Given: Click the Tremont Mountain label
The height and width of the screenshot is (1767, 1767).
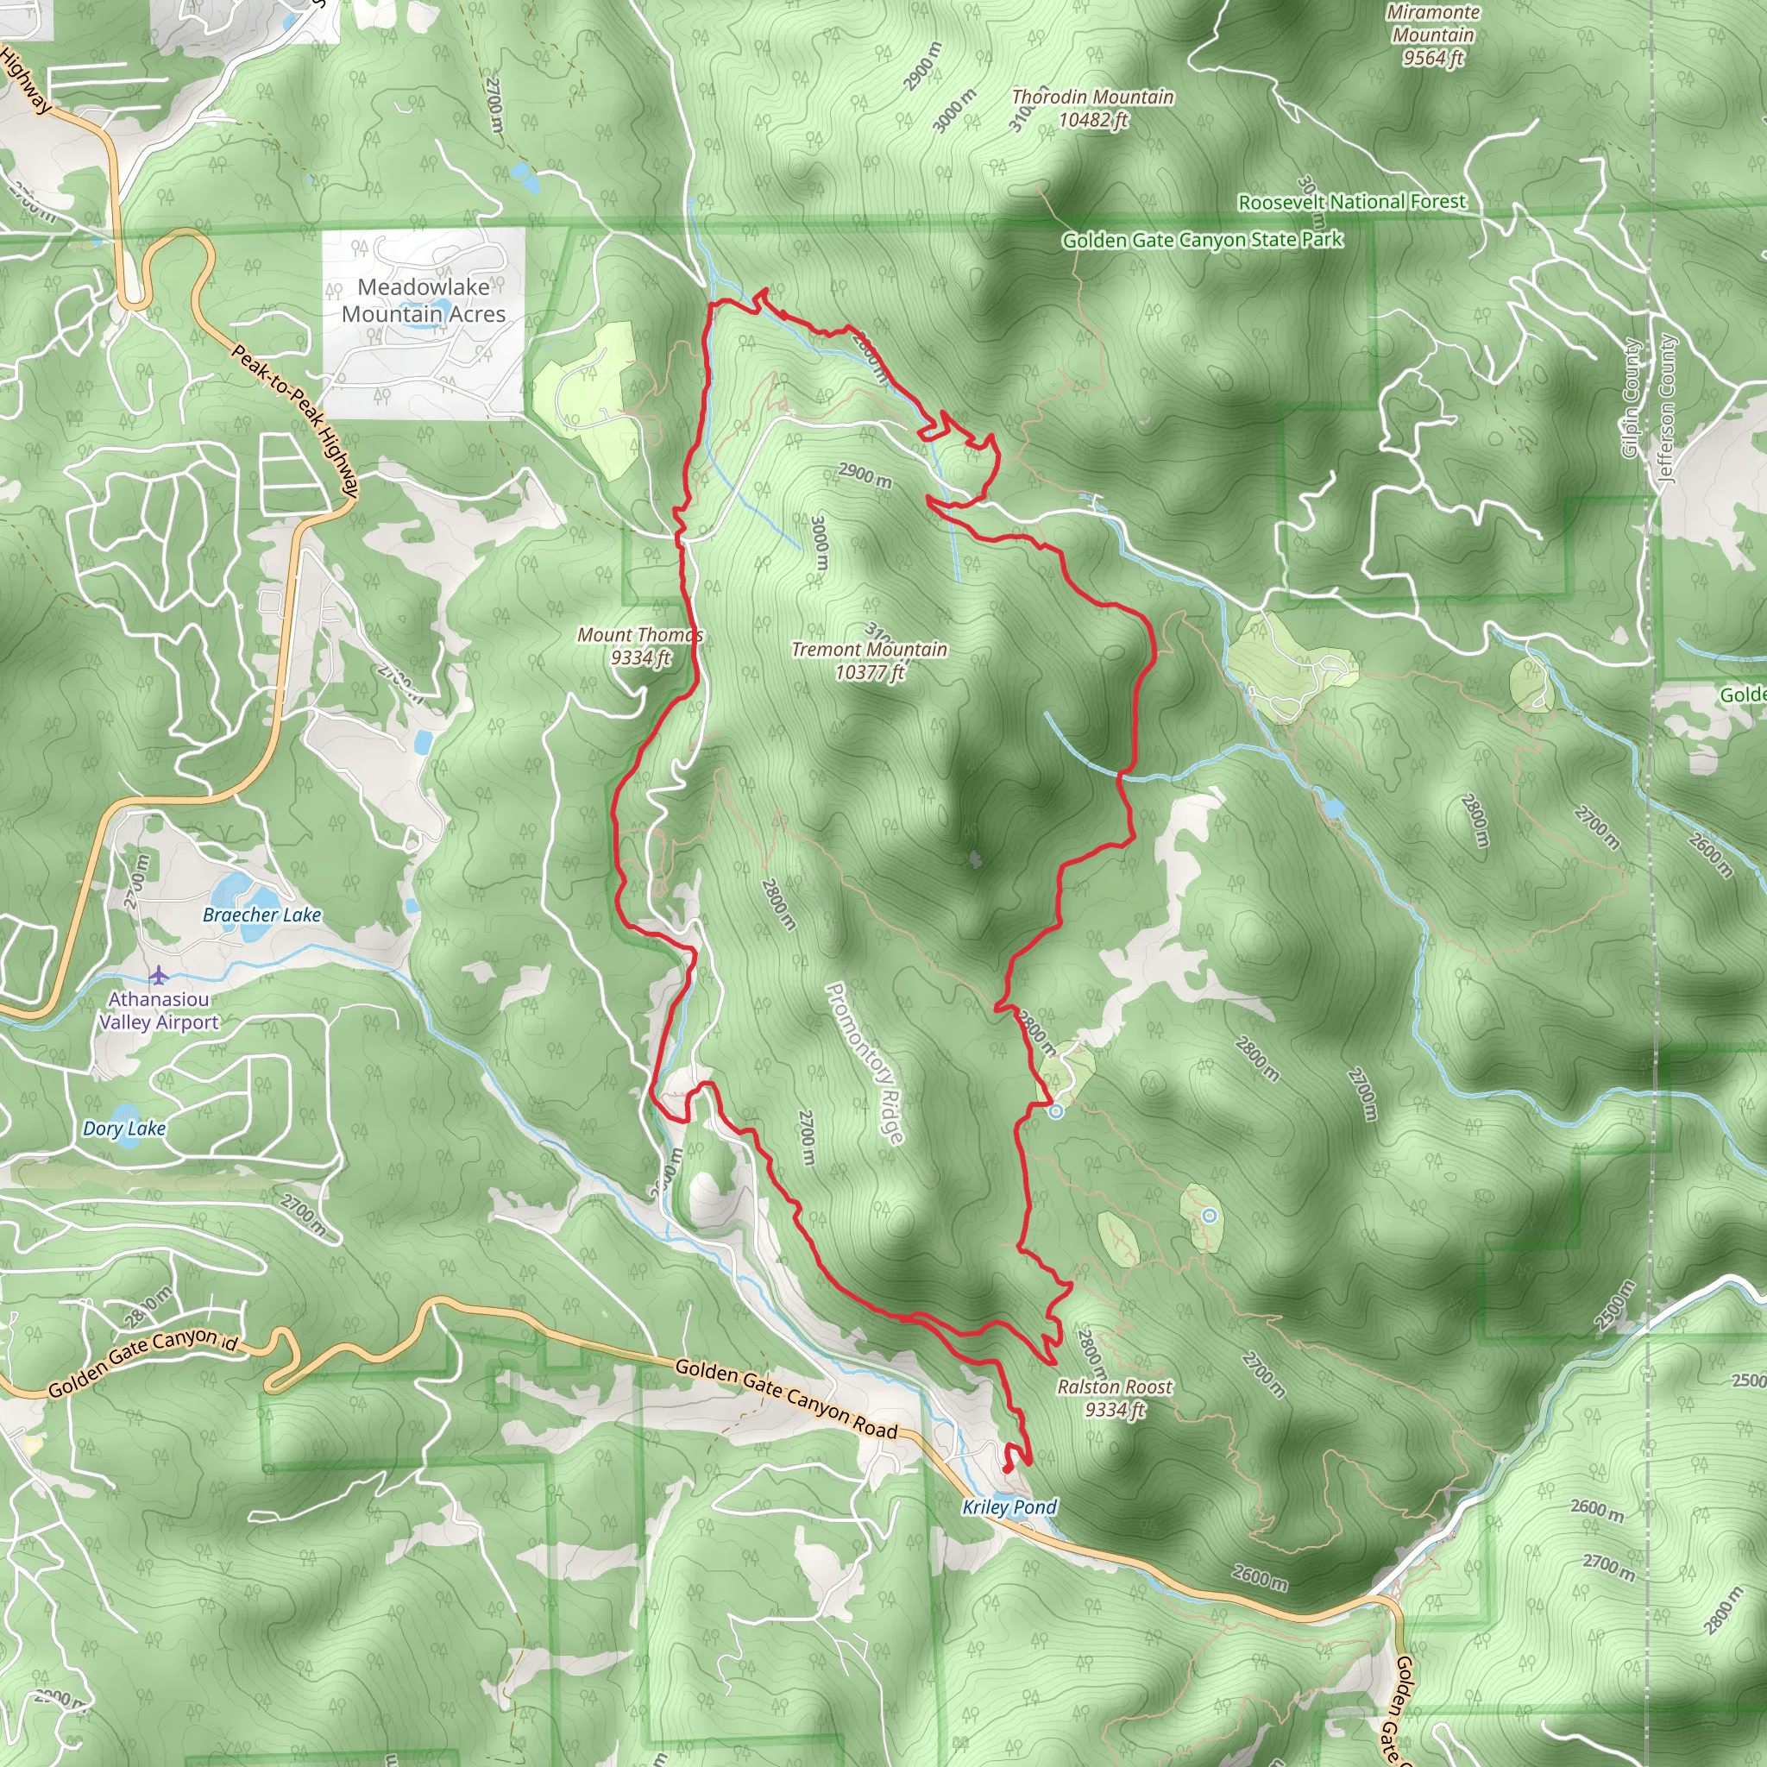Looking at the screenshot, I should point(869,660).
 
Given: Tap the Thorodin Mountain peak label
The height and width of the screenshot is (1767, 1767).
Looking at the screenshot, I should point(1092,108).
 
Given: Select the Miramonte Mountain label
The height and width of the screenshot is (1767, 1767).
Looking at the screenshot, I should point(1432,35).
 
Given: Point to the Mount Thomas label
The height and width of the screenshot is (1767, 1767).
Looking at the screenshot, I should point(639,645).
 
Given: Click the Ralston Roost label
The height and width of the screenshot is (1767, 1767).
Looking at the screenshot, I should point(1114,1398).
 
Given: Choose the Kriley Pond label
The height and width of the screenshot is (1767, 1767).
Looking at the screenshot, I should point(1009,1506).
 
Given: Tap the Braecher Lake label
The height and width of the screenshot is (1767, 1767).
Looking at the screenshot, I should point(261,915).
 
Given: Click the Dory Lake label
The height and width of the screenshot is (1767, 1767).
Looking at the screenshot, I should point(124,1129).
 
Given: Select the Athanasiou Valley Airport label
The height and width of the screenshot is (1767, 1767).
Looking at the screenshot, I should point(159,1010).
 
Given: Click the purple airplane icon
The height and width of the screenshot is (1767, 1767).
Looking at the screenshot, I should point(159,975).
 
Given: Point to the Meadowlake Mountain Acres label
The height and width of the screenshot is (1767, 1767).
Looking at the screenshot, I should point(424,300).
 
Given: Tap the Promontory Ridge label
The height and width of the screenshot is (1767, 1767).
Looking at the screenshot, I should point(865,1062).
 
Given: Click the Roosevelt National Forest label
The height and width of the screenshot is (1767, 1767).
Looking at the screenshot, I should point(1351,201).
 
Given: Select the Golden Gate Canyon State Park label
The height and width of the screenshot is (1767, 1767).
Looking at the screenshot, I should point(1202,240).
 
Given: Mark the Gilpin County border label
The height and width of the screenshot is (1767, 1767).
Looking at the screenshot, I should point(1630,398).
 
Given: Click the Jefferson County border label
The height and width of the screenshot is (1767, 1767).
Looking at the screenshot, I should point(1666,407).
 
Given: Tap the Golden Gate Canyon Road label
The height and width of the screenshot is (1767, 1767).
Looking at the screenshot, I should point(786,1398).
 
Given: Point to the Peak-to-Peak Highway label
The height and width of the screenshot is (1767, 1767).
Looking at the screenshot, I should point(293,421).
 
